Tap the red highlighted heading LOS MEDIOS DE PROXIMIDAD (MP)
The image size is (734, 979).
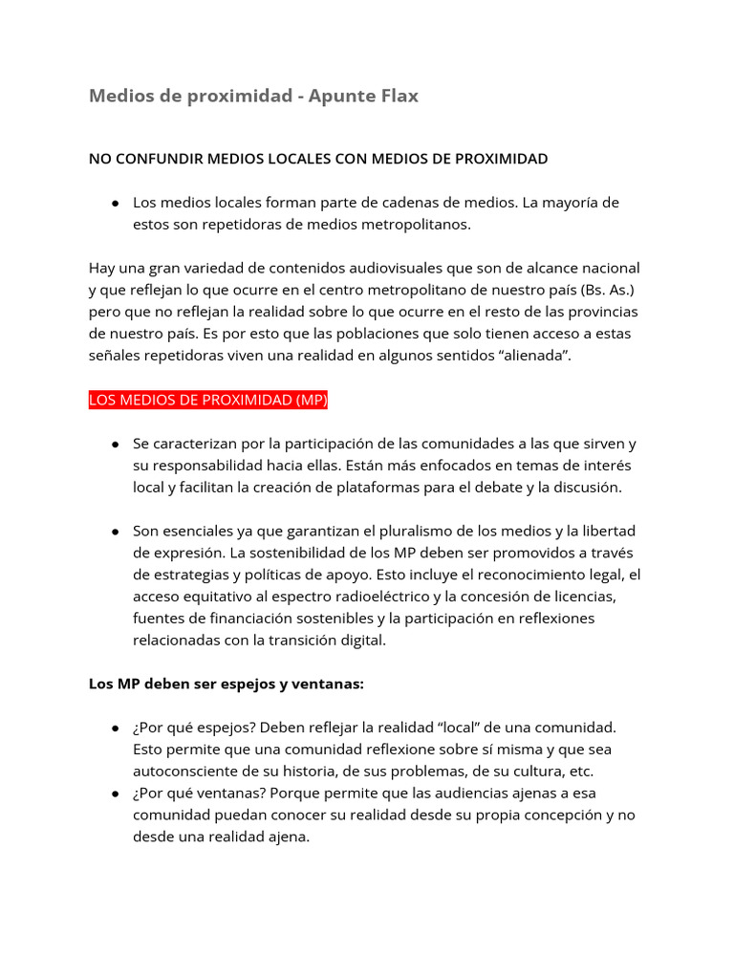tap(208, 401)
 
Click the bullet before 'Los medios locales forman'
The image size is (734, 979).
tap(115, 204)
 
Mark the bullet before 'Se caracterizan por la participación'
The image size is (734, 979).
tap(115, 445)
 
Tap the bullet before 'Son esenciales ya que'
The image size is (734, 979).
tap(115, 532)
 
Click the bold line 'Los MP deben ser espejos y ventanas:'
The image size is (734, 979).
tap(227, 685)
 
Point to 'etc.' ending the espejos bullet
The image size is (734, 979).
tap(579, 771)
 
